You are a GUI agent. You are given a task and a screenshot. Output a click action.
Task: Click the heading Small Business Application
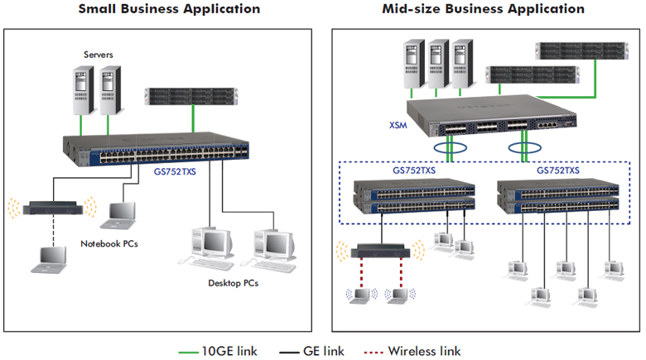coord(169,9)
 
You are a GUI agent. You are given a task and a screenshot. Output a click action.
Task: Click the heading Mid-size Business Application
coord(483,9)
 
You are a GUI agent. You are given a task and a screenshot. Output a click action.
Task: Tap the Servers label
coord(98,55)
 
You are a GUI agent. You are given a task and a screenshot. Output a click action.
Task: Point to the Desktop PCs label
coord(233,284)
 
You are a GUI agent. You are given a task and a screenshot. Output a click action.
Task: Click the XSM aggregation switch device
coord(497,118)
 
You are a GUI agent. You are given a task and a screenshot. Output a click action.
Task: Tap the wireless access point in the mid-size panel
coord(378,249)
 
